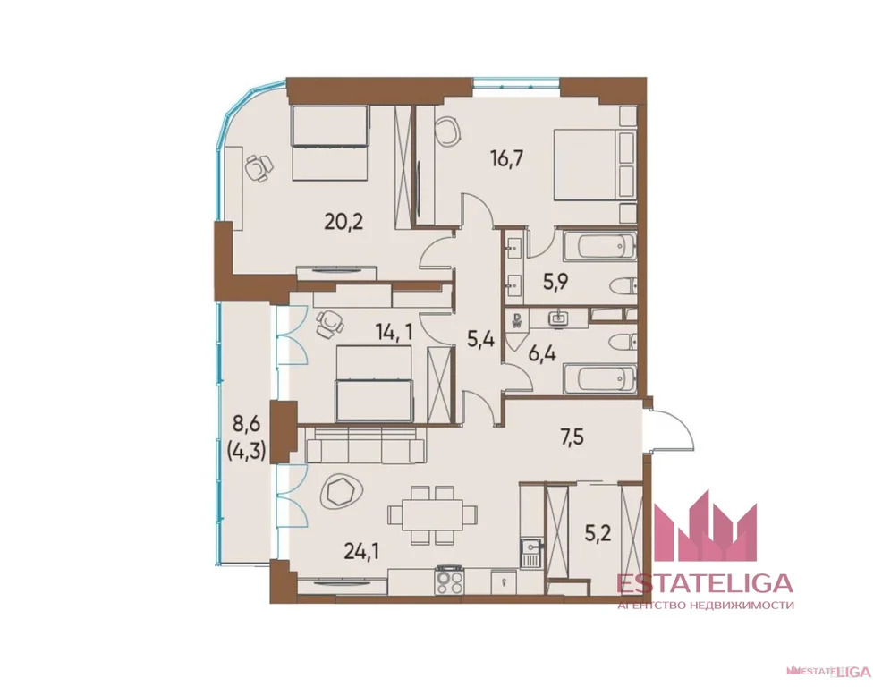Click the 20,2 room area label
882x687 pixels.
pyautogui.click(x=343, y=222)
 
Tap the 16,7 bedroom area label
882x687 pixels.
pyautogui.click(x=507, y=158)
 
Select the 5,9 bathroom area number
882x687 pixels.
pyautogui.click(x=555, y=281)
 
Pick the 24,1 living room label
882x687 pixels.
pyautogui.click(x=361, y=551)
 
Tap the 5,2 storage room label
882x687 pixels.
pyautogui.click(x=598, y=532)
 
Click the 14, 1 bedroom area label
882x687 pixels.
pyautogui.click(x=394, y=332)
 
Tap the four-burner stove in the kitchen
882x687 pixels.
pyautogui.click(x=450, y=580)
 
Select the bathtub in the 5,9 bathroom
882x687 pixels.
pyautogui.click(x=600, y=247)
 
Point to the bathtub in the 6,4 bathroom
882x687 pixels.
pyautogui.click(x=600, y=378)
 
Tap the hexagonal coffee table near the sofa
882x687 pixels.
pyautogui.click(x=343, y=492)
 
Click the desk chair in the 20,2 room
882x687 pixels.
pyautogui.click(x=259, y=167)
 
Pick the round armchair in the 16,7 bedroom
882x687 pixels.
pyautogui.click(x=448, y=131)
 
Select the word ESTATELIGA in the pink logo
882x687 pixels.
pyautogui.click(x=706, y=583)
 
